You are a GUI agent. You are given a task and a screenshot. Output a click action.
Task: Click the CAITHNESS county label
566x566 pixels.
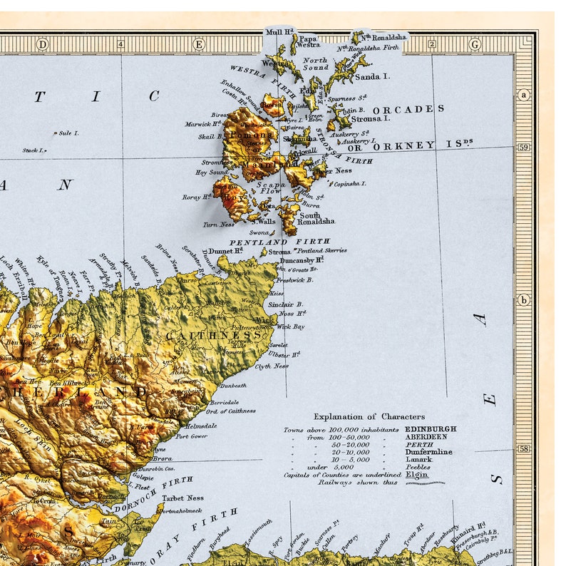click(214, 335)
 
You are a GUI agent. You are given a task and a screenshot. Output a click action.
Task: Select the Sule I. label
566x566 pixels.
click(68, 133)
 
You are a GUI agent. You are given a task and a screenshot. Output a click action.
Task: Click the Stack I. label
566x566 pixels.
click(34, 150)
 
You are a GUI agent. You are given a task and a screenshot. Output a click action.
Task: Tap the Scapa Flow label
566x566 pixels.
click(270, 187)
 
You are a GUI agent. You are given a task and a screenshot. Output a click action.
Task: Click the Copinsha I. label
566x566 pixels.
click(349, 183)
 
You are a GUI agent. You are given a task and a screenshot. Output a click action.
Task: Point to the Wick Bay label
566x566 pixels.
click(290, 326)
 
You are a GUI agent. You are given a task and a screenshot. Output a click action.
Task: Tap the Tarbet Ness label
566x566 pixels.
click(182, 498)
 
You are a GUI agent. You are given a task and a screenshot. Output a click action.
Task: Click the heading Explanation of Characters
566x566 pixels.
click(369, 416)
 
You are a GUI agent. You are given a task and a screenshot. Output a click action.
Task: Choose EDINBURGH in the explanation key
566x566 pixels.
click(431, 429)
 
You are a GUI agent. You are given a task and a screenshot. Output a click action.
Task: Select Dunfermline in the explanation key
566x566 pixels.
click(428, 451)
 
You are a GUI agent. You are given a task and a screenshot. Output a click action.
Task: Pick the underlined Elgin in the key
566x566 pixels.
click(416, 474)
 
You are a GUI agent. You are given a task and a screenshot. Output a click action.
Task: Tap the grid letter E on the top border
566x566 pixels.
click(199, 44)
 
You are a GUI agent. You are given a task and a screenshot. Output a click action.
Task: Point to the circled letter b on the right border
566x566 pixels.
click(524, 300)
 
